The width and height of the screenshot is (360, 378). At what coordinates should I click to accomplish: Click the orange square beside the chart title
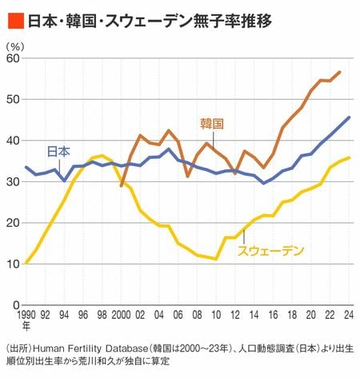click(16, 20)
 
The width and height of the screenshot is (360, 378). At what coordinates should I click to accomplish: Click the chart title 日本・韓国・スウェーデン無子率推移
click(150, 20)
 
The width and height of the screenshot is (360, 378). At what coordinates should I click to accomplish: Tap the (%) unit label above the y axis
click(15, 47)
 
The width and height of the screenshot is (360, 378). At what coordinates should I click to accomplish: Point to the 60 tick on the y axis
click(13, 58)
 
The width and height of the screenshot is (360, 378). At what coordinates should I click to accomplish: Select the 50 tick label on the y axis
click(13, 99)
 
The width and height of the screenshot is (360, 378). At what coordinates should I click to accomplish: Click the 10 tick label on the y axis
click(13, 264)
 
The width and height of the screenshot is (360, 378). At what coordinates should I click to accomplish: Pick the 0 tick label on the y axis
click(17, 305)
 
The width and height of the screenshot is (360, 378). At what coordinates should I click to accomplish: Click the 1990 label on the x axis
click(26, 315)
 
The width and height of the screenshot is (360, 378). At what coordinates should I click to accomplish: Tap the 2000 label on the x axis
click(121, 315)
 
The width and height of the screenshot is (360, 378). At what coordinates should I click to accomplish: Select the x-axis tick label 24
click(349, 315)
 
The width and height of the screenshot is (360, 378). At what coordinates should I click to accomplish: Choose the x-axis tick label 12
click(235, 315)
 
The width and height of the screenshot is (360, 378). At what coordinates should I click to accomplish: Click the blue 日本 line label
click(58, 152)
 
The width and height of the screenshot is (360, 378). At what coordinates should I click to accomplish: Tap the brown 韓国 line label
click(212, 124)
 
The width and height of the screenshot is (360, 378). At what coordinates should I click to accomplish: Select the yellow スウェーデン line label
click(270, 251)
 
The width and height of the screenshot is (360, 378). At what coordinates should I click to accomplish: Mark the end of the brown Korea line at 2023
click(339, 72)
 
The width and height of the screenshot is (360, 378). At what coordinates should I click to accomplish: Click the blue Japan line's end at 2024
click(349, 117)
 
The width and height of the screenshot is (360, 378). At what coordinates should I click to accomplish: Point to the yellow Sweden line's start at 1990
click(26, 263)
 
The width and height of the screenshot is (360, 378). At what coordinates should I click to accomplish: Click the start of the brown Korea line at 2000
click(122, 185)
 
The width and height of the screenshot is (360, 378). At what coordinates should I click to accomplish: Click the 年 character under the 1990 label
click(26, 326)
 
